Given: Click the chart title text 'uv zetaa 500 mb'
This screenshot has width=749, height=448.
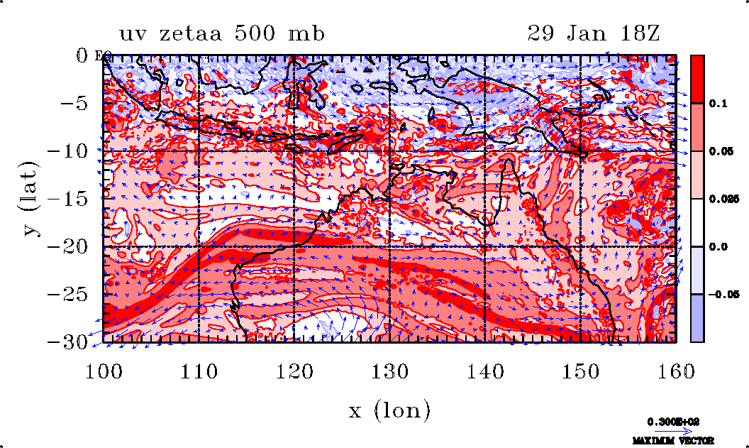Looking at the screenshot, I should coord(222,33).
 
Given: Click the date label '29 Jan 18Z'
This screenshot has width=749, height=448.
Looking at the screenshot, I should coord(594,33).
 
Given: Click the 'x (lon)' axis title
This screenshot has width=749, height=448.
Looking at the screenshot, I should coord(389,410).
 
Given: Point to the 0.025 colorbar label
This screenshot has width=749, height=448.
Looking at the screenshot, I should coord(723,199).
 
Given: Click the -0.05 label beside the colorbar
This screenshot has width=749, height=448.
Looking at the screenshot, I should coord(723,294).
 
